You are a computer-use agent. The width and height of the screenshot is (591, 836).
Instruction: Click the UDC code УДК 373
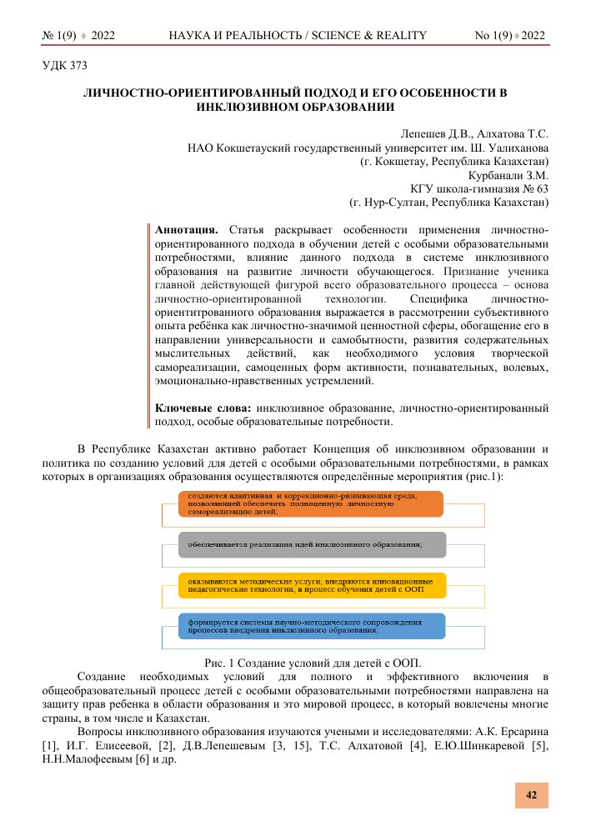point(64,64)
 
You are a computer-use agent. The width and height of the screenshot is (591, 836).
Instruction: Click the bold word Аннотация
point(188,228)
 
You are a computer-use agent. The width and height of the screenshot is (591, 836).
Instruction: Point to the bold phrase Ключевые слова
point(203,408)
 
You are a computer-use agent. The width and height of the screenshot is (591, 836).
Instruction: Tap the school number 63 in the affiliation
point(540,190)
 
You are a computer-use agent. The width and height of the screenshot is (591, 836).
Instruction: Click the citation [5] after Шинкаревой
point(539,746)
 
